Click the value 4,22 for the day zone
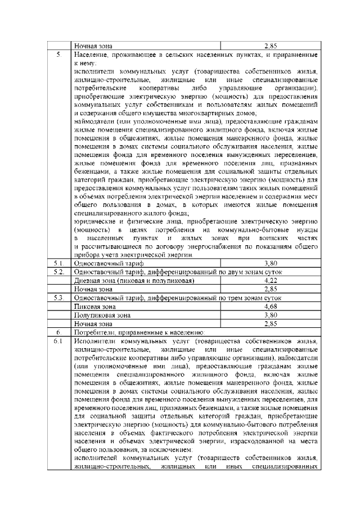(x=271, y=280)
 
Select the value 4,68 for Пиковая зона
(x=271, y=307)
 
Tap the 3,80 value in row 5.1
(x=271, y=262)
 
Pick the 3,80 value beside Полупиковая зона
(x=271, y=315)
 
